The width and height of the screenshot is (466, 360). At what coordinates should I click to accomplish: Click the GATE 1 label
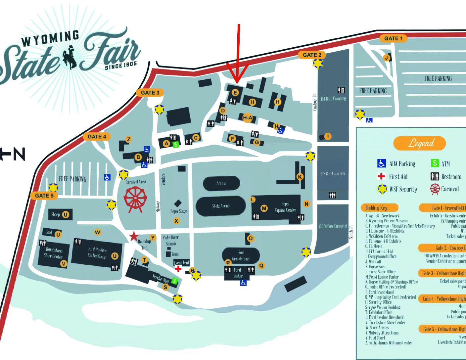393,38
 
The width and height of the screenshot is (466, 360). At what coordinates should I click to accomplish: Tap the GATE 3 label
150,93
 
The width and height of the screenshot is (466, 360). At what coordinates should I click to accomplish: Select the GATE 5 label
44,196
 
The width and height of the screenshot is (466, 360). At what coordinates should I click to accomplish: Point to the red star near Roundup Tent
134,236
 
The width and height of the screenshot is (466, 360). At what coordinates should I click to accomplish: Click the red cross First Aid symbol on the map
178,268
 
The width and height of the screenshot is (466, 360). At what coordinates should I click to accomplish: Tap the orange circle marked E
235,93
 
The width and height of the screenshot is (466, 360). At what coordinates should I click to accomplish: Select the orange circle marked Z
129,139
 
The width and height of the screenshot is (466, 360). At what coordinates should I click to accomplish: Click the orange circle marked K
300,176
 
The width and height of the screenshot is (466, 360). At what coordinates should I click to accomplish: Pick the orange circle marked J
386,58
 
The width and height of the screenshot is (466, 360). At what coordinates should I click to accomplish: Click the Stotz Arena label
221,206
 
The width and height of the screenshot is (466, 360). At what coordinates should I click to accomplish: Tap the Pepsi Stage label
179,211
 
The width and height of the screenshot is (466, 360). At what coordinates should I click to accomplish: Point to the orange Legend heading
420,143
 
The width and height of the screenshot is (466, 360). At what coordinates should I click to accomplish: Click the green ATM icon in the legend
434,163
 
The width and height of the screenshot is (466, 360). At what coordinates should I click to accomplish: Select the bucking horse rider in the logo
70,57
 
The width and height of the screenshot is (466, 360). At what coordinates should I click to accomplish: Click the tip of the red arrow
237,82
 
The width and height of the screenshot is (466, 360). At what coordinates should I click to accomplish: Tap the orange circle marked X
176,221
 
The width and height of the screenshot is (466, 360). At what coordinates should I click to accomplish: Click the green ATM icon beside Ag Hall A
176,145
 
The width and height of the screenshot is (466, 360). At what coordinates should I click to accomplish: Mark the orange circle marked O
251,238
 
